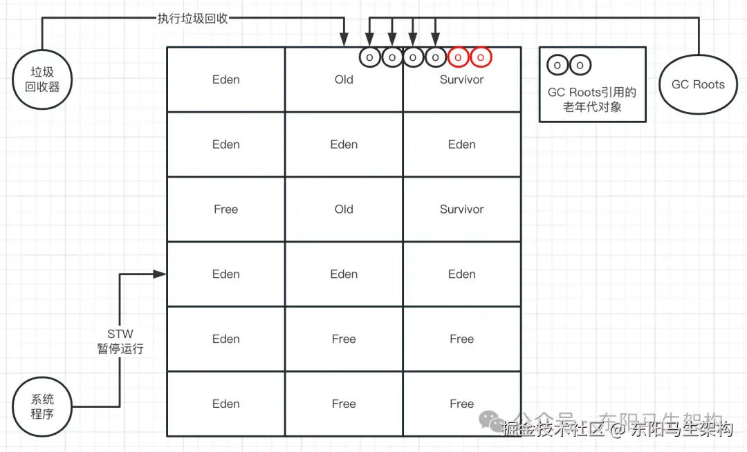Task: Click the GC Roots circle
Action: pyautogui.click(x=699, y=85)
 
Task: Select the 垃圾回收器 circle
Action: pyautogui.click(x=42, y=79)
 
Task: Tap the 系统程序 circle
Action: pyautogui.click(x=42, y=406)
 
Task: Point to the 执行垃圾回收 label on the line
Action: pyautogui.click(x=192, y=18)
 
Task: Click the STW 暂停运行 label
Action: pyautogui.click(x=120, y=341)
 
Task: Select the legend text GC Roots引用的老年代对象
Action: pyautogui.click(x=592, y=100)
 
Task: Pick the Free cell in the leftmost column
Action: pyautogui.click(x=225, y=209)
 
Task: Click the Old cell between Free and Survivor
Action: pyautogui.click(x=344, y=209)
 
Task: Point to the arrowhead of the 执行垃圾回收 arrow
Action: pyautogui.click(x=344, y=41)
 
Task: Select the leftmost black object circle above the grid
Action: pyautogui.click(x=370, y=57)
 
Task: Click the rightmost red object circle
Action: pyautogui.click(x=481, y=57)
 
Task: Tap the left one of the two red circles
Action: pyautogui.click(x=459, y=57)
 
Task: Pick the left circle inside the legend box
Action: pyautogui.click(x=557, y=66)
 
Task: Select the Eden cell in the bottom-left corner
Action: pyautogui.click(x=225, y=404)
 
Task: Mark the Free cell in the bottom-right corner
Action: pyautogui.click(x=461, y=404)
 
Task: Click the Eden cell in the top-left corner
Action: pyautogui.click(x=225, y=79)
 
